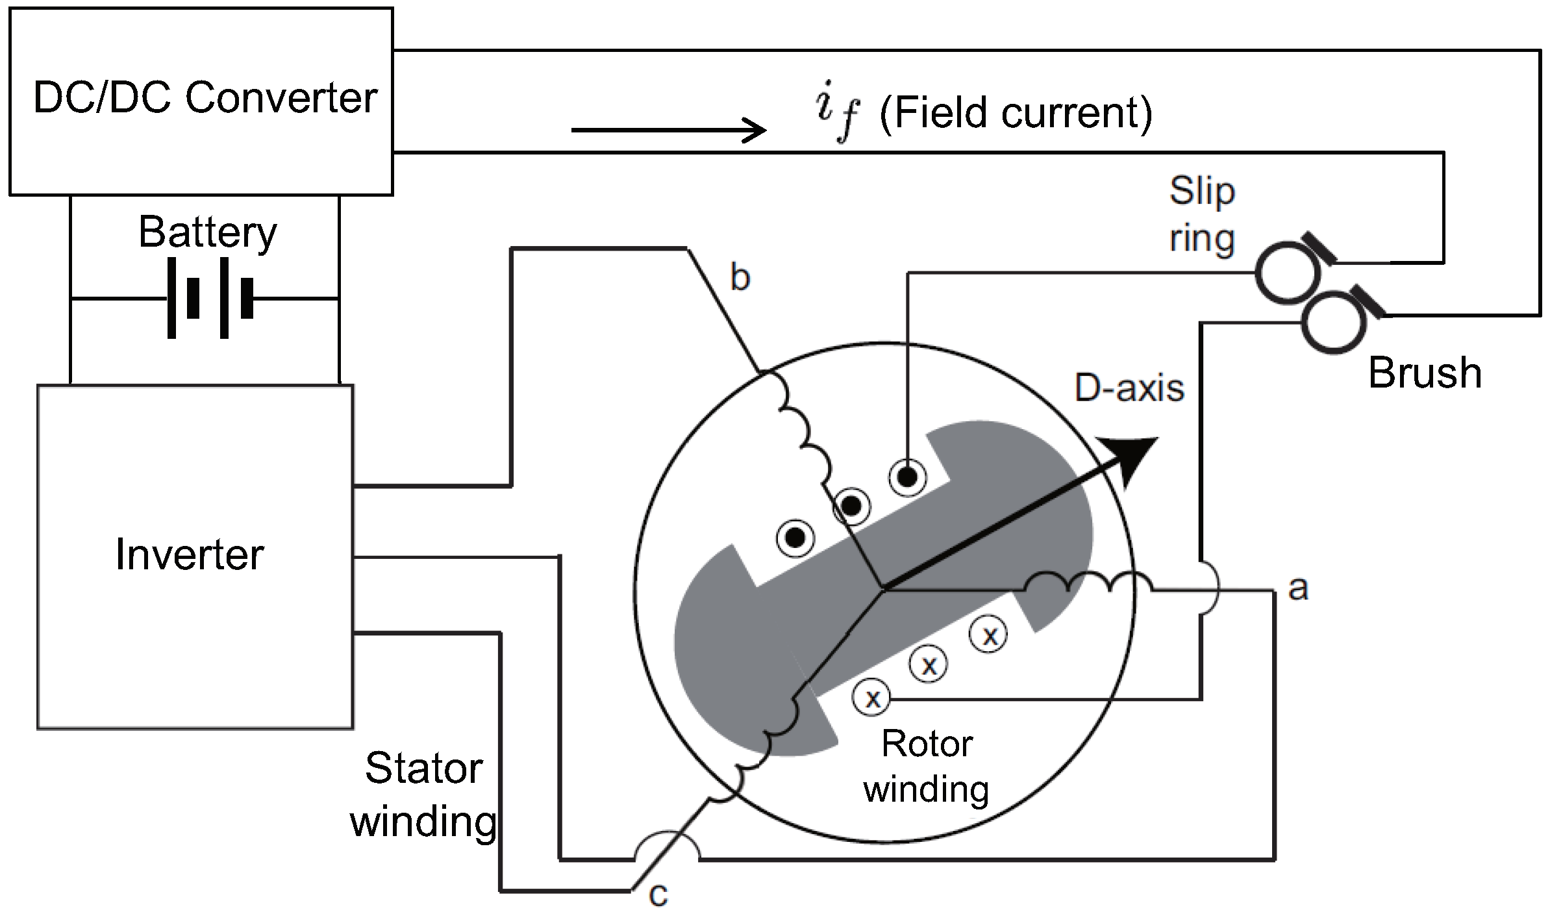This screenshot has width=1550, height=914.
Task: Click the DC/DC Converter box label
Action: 205,99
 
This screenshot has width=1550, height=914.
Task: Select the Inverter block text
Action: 190,555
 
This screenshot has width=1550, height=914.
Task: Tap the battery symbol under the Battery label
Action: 209,298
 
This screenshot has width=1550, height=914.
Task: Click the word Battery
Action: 208,232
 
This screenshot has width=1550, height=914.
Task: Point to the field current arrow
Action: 669,130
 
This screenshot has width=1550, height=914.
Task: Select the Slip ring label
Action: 1202,215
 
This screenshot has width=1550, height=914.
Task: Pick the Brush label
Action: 1425,373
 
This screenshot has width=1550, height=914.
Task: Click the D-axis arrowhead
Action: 1130,458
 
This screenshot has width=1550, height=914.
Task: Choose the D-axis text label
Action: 1129,388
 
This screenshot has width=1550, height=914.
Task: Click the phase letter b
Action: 740,278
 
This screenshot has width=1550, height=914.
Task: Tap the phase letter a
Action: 1297,588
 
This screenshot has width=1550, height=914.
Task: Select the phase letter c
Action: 658,895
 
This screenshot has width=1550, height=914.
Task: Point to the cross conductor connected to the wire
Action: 873,698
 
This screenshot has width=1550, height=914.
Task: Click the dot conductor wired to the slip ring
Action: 908,478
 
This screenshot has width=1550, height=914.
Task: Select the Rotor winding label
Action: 927,766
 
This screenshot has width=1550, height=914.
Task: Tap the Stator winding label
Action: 424,795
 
